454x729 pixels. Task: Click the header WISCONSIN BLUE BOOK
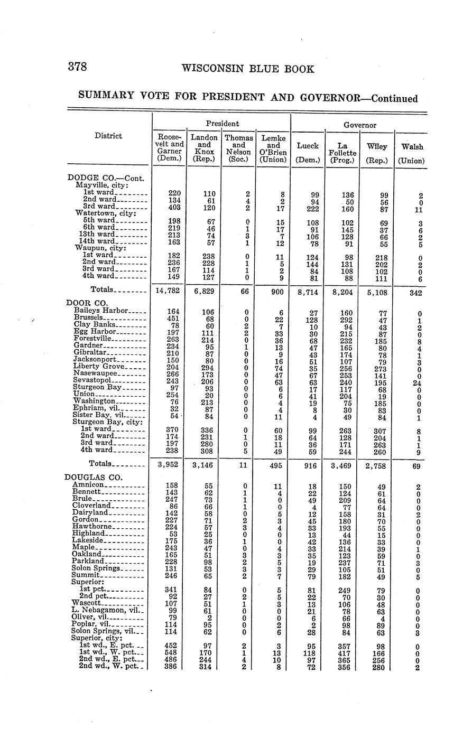[247, 69]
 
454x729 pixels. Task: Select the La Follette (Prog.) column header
[341, 151]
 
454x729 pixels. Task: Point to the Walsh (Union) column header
[412, 153]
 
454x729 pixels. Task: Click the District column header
[108, 136]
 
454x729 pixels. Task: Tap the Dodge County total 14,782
[170, 291]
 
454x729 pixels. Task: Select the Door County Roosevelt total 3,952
[170, 465]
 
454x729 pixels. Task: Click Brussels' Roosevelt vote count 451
[172, 319]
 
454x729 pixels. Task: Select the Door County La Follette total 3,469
[342, 465]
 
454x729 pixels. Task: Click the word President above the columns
[222, 123]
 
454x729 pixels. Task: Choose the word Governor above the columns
[359, 125]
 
